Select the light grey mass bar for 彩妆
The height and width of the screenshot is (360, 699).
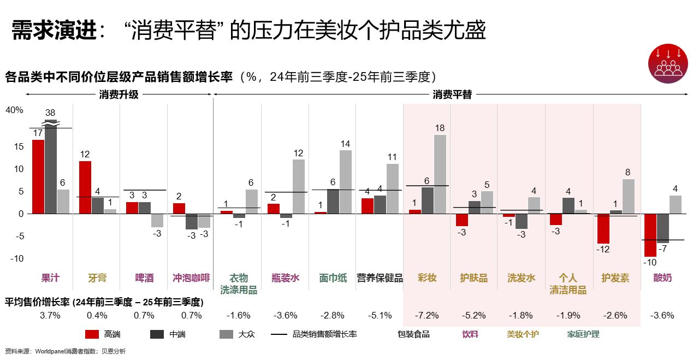point(440,174)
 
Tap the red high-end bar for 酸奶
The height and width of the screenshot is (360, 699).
point(650,235)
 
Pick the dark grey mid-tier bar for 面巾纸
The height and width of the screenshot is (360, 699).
point(333,201)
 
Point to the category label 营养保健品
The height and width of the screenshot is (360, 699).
point(380,278)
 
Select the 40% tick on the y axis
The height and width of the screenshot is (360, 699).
point(15,110)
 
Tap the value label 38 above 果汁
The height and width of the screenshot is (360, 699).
point(50,113)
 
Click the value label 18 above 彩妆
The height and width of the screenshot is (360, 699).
point(440,128)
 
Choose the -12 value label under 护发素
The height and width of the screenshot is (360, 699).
point(602,250)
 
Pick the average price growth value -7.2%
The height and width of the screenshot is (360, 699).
point(427,316)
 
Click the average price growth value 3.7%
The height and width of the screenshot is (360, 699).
point(50,316)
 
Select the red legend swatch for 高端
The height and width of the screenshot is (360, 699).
point(92,334)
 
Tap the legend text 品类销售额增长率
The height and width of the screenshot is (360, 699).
point(325,334)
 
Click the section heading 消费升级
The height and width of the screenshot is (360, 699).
point(119,95)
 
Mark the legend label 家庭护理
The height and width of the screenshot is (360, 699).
point(583,334)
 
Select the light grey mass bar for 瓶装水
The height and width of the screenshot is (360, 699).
point(299,186)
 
